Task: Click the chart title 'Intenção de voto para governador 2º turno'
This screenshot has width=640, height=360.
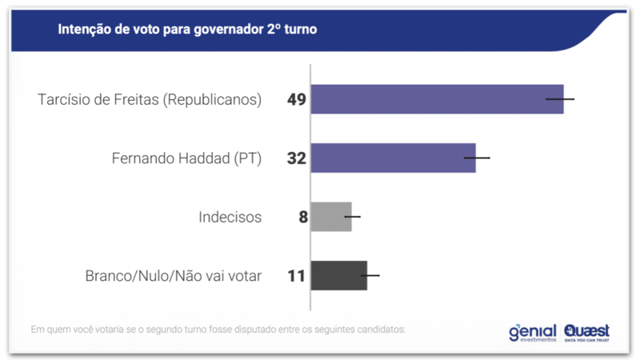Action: (187, 30)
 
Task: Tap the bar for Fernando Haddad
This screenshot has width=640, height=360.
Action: (393, 158)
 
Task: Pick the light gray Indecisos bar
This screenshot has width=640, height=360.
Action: (330, 217)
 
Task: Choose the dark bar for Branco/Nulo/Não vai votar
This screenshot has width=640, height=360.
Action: (338, 275)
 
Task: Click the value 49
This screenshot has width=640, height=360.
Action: (297, 100)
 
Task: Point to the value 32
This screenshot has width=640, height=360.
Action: (297, 158)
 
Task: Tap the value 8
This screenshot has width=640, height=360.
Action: (303, 217)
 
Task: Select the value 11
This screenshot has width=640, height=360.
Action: (297, 276)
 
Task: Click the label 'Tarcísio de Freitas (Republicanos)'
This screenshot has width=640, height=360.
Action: (150, 100)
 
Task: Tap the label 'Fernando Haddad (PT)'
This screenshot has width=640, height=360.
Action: (186, 158)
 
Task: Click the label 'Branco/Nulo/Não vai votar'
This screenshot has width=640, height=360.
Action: (174, 276)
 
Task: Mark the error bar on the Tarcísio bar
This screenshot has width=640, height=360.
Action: (560, 99)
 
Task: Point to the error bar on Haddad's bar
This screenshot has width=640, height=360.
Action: (477, 158)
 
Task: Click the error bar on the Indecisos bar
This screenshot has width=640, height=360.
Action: (352, 217)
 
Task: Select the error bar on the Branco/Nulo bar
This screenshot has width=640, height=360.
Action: (370, 275)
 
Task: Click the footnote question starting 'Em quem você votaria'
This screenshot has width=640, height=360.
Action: (218, 329)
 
